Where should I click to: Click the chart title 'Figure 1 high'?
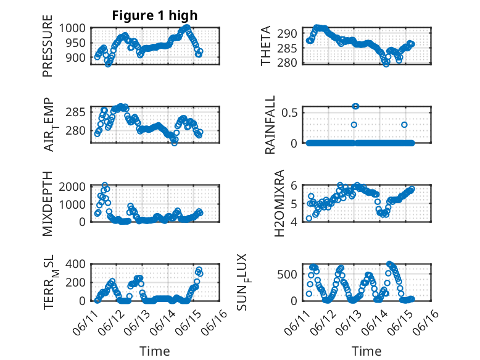154,15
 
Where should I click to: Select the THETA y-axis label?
266,46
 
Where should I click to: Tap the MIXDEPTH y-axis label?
48,204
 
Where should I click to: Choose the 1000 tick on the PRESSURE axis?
77,28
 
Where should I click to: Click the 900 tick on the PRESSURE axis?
80,57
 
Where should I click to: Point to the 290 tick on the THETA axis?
290,33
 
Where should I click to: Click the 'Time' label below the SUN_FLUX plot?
367,351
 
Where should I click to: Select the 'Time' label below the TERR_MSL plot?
154,351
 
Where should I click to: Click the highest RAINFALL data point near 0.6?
355,106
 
